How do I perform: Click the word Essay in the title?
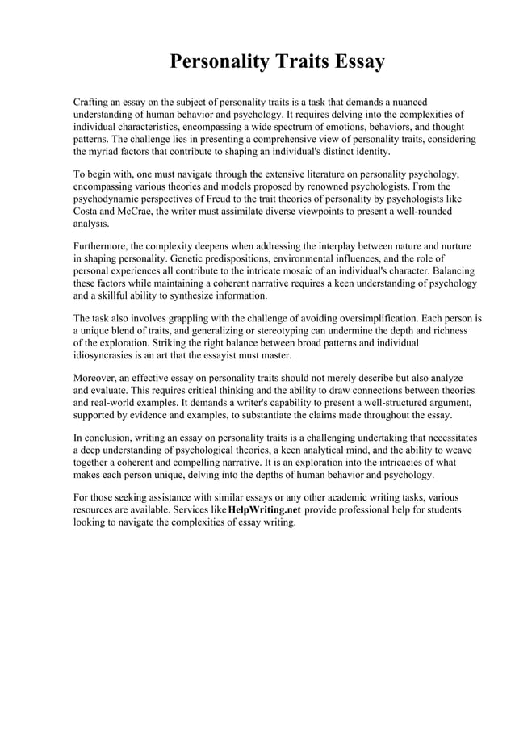[x=353, y=62]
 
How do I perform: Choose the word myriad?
[x=107, y=151]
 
